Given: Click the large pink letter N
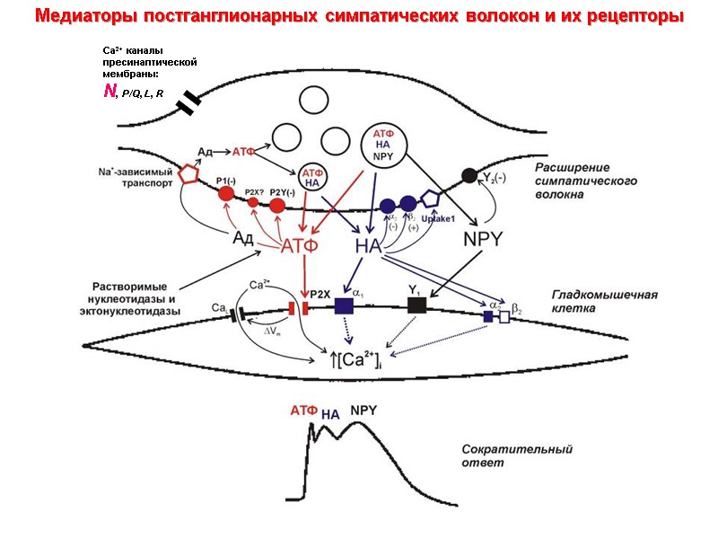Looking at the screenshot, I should [109, 91].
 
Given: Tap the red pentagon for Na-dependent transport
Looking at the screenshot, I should [188, 173].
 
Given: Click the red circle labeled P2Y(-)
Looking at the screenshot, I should [278, 205].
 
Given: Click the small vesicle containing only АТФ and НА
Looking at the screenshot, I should [312, 176].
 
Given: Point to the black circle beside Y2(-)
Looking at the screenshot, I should [468, 175].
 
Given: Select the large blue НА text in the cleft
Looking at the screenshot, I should [369, 244].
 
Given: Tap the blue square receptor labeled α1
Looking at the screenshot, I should [345, 305].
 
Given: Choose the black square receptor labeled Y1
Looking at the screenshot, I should [416, 305].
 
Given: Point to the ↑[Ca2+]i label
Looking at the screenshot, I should [355, 360].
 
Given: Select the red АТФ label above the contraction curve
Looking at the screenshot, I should [303, 412].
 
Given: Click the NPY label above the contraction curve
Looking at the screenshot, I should [363, 411].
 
